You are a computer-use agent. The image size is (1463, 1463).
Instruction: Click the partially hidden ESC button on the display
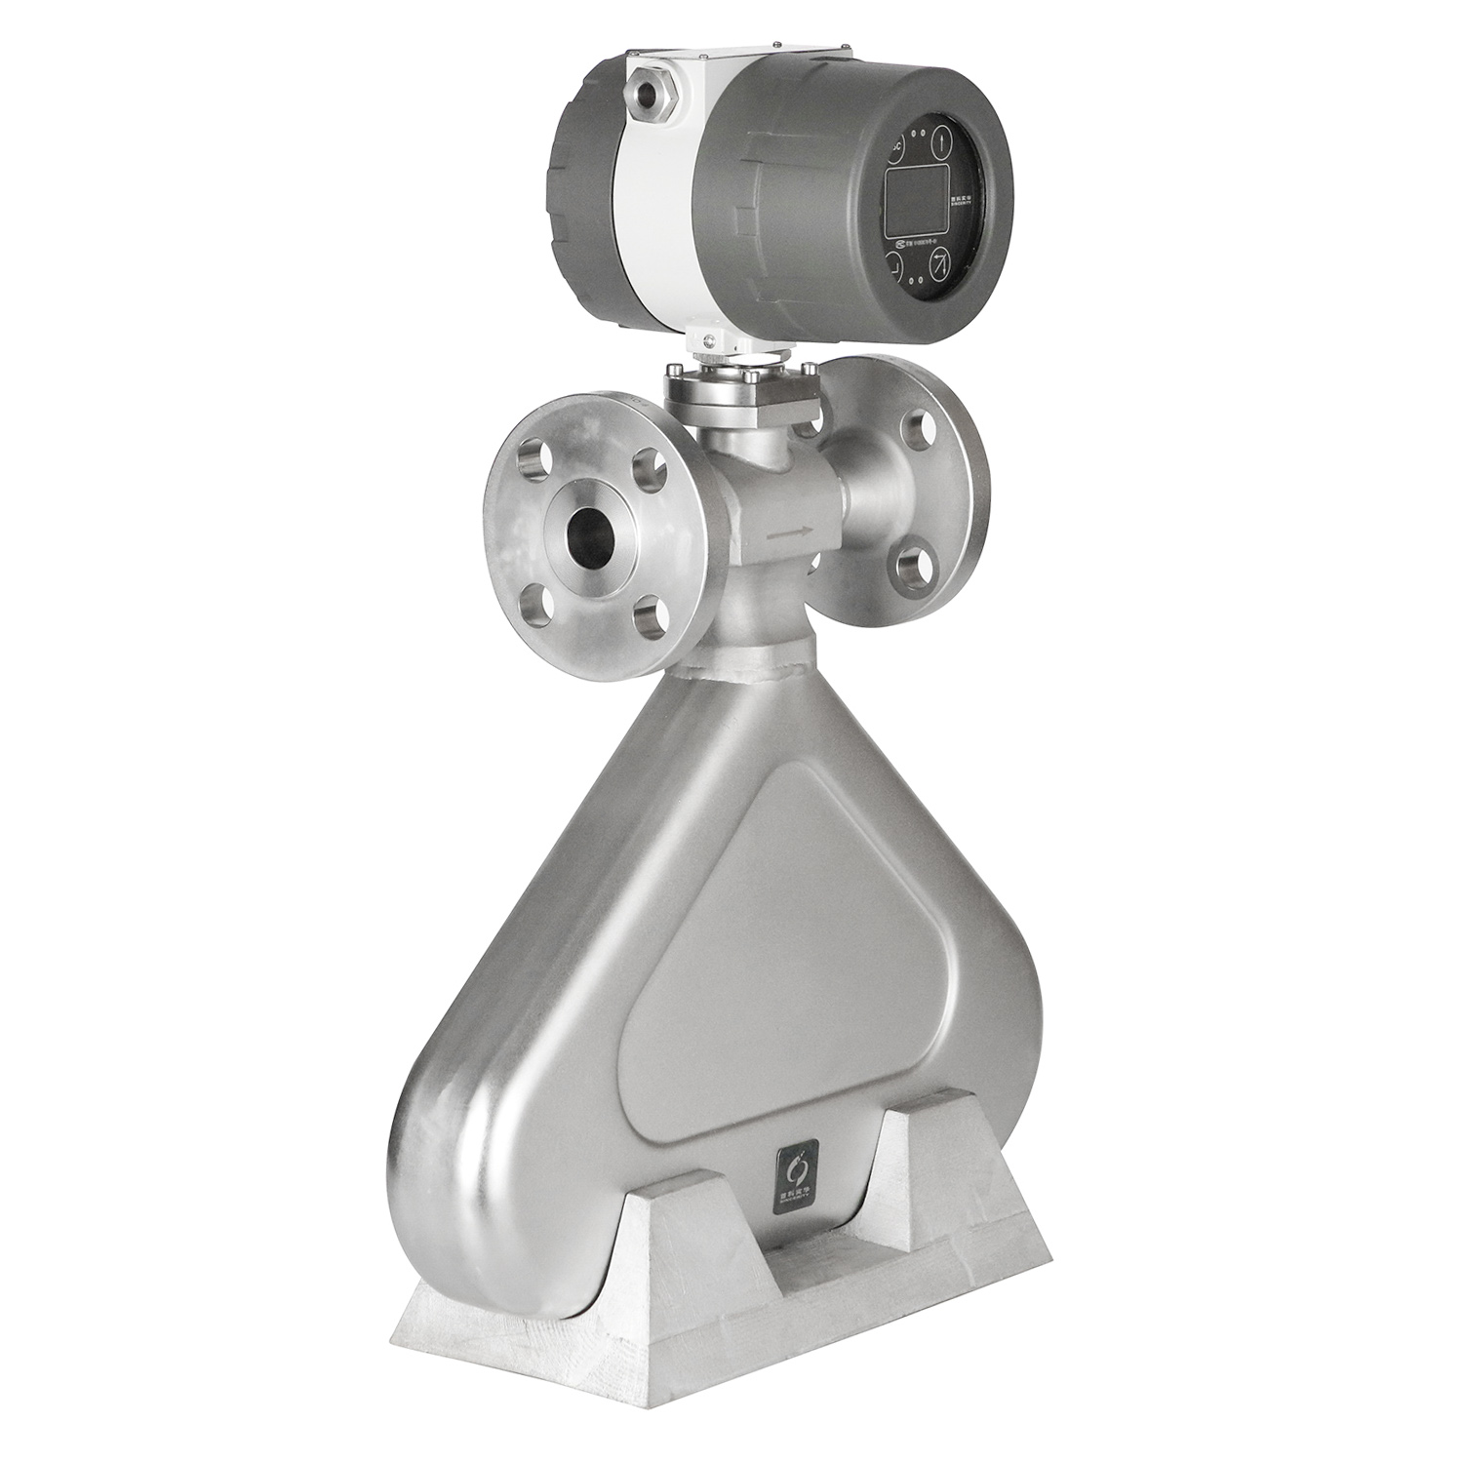click(x=896, y=149)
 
